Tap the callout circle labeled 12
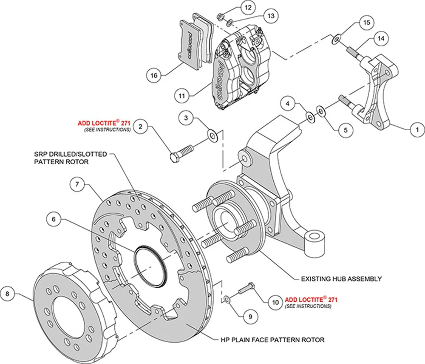point(247,8)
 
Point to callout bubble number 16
point(154,75)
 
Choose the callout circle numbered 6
point(54,219)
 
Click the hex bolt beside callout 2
point(182,152)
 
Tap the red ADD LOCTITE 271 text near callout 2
point(104,123)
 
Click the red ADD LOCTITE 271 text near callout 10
point(308,299)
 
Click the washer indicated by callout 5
point(321,112)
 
